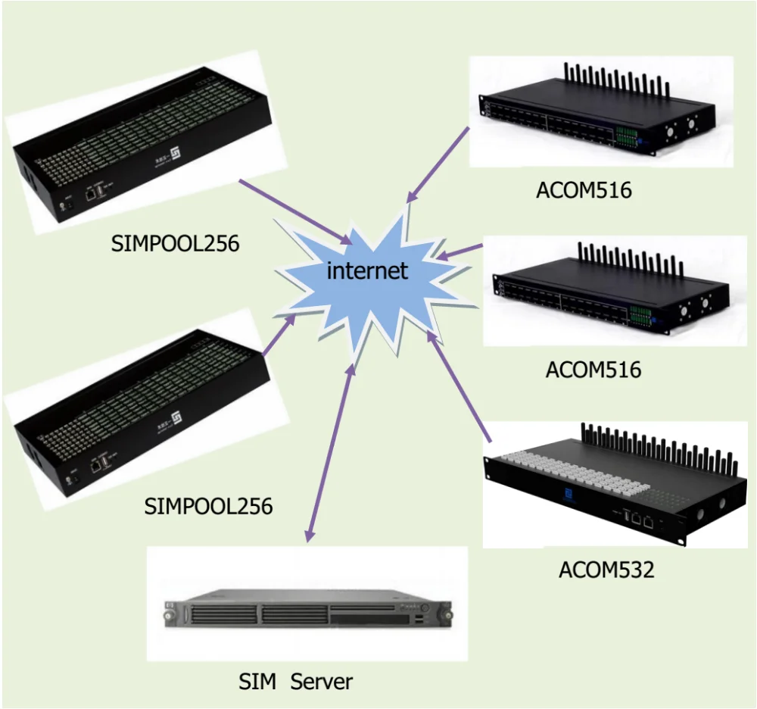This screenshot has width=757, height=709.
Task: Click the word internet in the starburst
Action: (x=367, y=270)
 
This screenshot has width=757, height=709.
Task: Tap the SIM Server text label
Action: (x=295, y=681)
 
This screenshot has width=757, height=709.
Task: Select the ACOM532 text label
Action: (x=606, y=569)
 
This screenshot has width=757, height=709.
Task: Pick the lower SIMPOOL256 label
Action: (x=208, y=505)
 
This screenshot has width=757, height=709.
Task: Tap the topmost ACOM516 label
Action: (x=583, y=189)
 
